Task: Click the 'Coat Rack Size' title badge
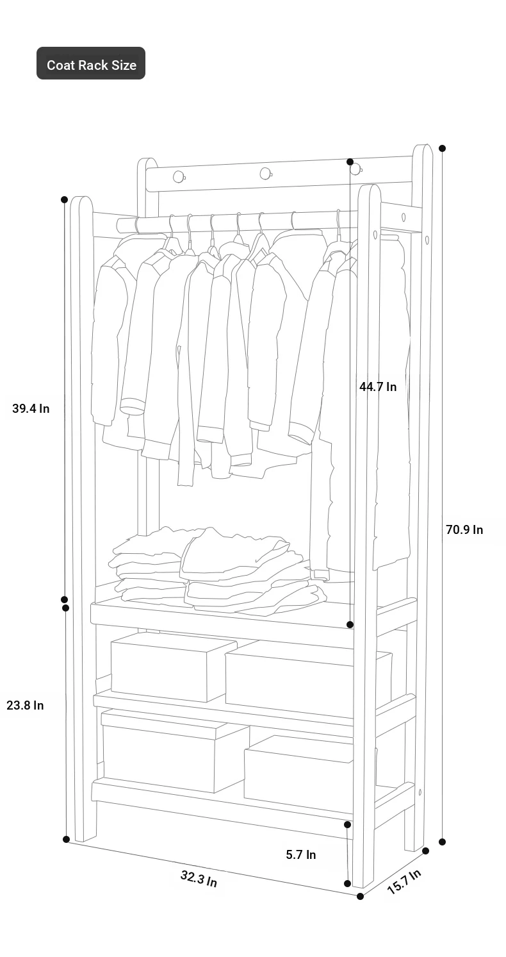(90, 63)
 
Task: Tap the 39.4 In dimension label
(31, 408)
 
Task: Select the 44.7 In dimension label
(378, 387)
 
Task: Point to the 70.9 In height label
(464, 529)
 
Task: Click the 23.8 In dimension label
(25, 705)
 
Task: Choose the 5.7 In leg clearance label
(301, 854)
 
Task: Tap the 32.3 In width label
(199, 879)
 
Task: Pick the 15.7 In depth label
(404, 881)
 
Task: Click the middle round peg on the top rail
(266, 174)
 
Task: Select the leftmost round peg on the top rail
(179, 176)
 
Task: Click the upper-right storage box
(308, 679)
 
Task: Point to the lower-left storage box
(175, 751)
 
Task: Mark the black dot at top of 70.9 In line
(443, 148)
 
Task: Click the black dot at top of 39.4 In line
(65, 199)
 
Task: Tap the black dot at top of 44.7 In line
(350, 162)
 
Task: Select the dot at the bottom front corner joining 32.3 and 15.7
(361, 896)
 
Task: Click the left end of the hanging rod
(118, 224)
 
